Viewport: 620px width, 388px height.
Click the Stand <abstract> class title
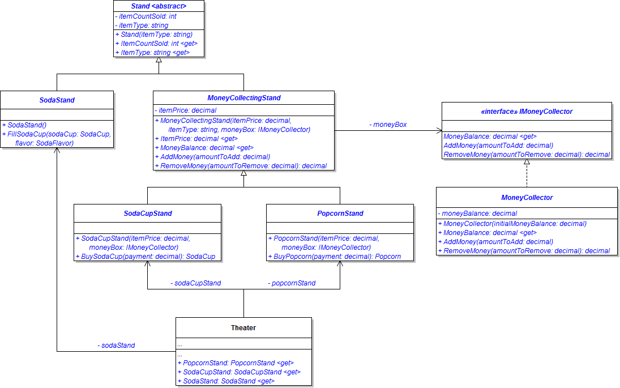pyautogui.click(x=159, y=6)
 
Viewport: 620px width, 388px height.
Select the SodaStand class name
pyautogui.click(x=57, y=100)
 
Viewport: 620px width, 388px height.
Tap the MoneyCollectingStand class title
pyautogui.click(x=243, y=98)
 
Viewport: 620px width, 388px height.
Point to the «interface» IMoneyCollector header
pyautogui.click(x=527, y=112)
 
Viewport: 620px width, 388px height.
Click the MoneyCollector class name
pyautogui.click(x=527, y=198)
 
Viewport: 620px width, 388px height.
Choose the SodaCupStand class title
pyautogui.click(x=147, y=214)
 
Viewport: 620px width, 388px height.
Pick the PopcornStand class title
pyautogui.click(x=340, y=214)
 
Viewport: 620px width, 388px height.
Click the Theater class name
pyautogui.click(x=243, y=327)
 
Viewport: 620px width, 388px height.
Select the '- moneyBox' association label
pyautogui.click(x=388, y=124)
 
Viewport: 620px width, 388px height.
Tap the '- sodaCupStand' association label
pyautogui.click(x=195, y=283)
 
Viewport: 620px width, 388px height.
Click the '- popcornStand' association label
pyautogui.click(x=292, y=283)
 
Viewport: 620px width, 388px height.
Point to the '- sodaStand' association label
pyautogui.click(x=116, y=345)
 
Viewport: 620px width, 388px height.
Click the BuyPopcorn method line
pyautogui.click(x=335, y=256)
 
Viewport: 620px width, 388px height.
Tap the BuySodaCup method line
pyautogui.click(x=146, y=256)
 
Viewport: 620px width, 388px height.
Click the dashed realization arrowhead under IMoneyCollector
pyautogui.click(x=527, y=162)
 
